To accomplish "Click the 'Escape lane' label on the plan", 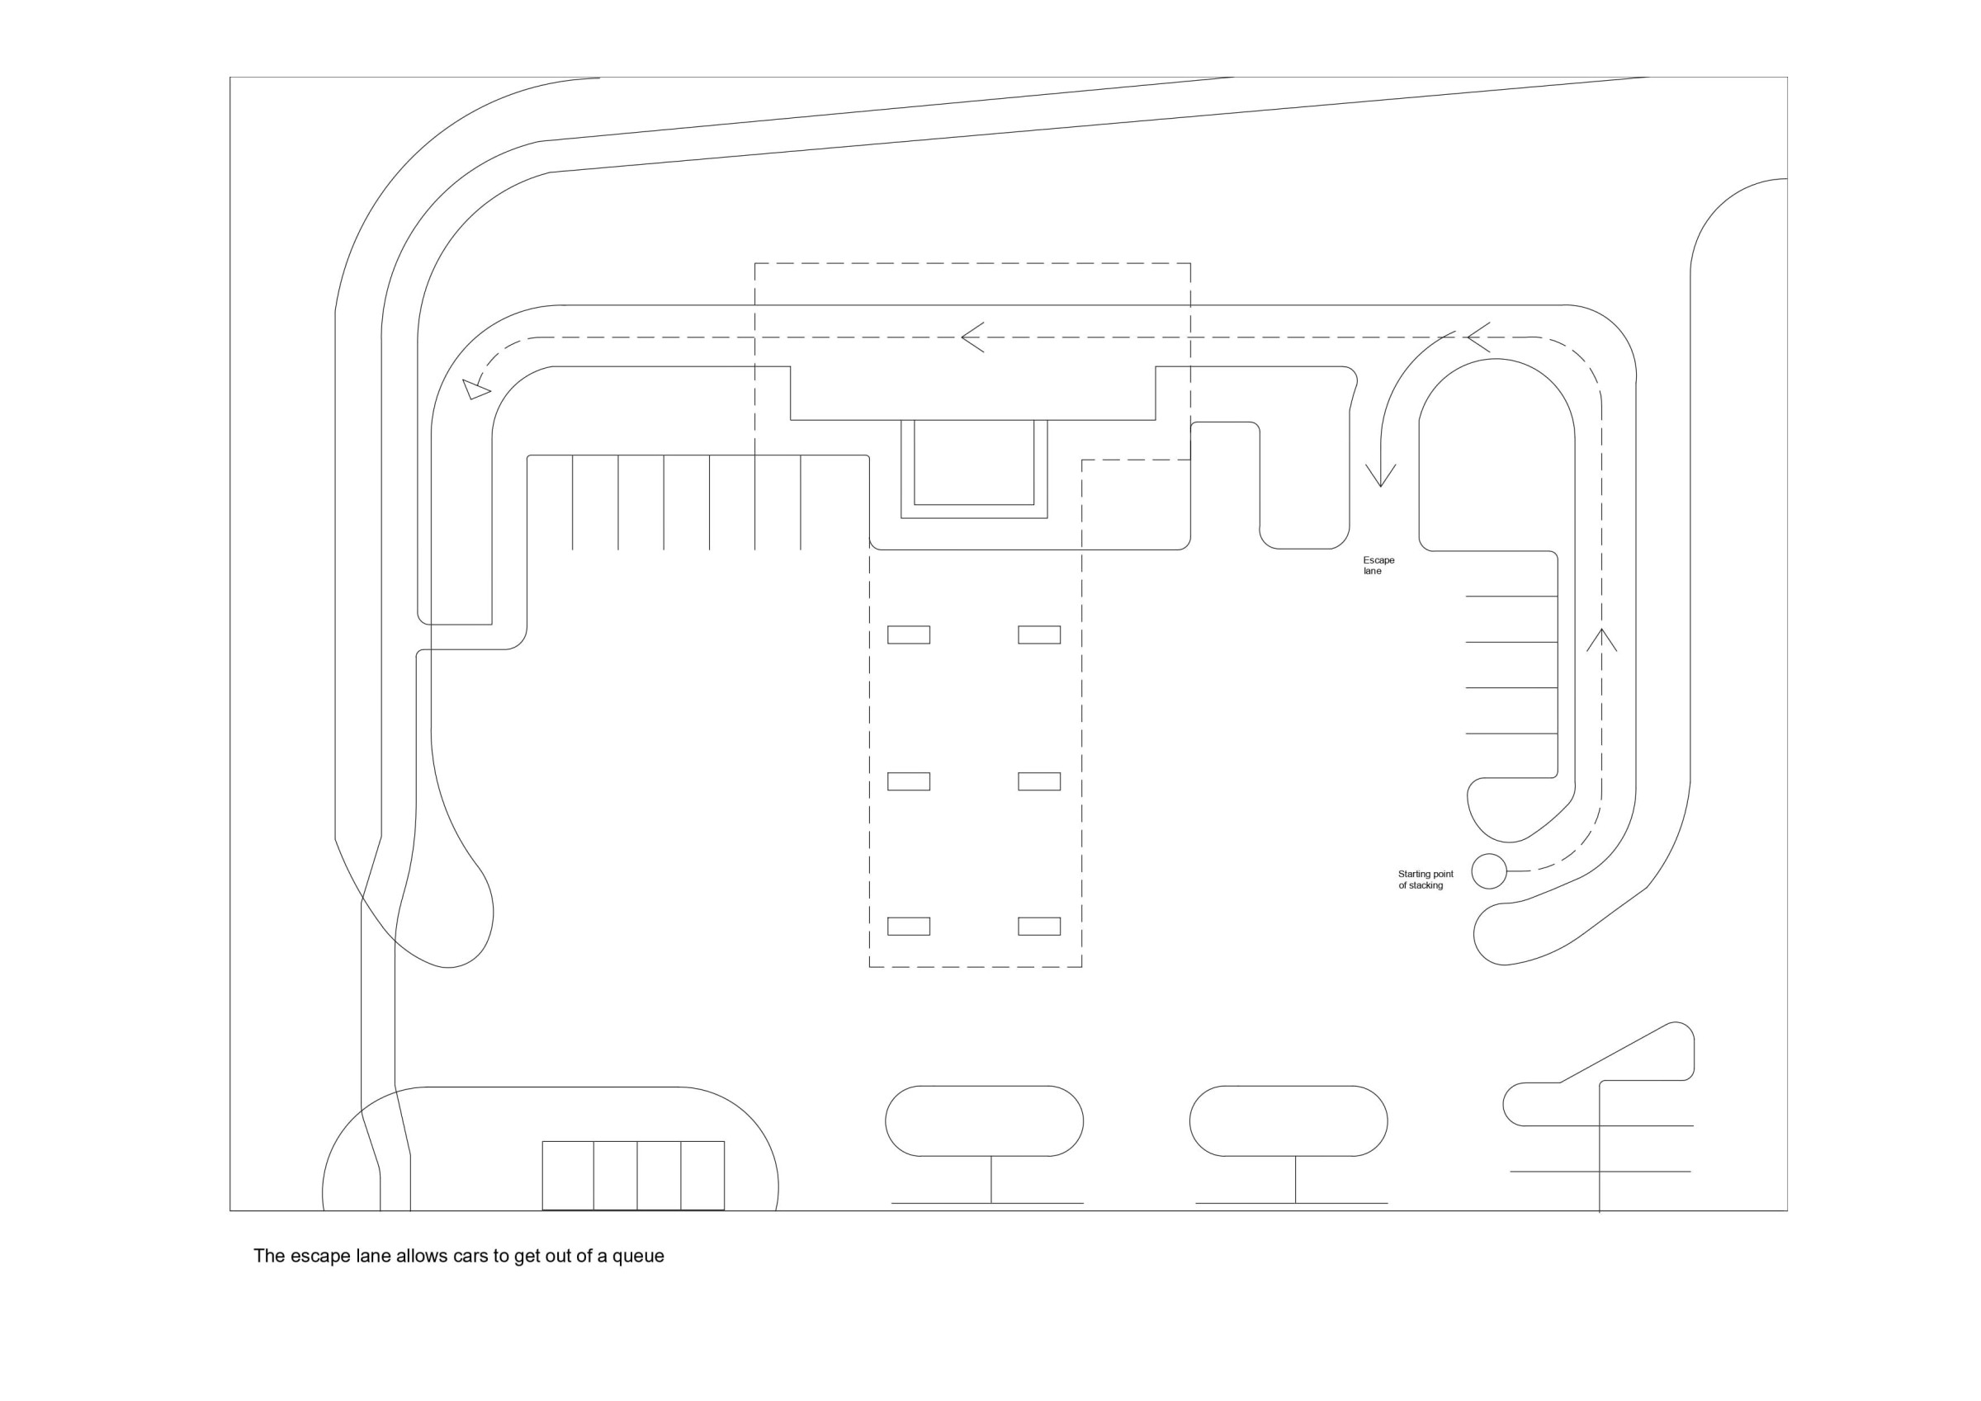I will (x=1378, y=565).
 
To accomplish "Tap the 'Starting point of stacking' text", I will (x=1425, y=879).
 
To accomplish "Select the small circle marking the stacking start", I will (x=1488, y=871).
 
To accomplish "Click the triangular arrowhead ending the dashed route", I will (x=475, y=389).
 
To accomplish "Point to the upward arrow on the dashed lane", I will (x=1601, y=640).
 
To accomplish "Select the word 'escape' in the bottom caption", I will (x=319, y=1256).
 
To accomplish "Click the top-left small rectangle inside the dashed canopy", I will (x=909, y=635).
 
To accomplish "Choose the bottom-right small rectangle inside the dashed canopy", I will (x=1039, y=926).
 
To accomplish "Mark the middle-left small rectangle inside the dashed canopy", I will (x=909, y=781).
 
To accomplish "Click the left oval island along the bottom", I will (x=985, y=1120).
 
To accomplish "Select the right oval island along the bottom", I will (x=1288, y=1120).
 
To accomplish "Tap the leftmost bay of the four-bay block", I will (x=568, y=1175).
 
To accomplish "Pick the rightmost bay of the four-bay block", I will (x=702, y=1175).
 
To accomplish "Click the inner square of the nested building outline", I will (x=974, y=461).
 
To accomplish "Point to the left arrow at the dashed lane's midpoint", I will (x=972, y=337).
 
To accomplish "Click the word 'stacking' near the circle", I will (x=1426, y=885).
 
